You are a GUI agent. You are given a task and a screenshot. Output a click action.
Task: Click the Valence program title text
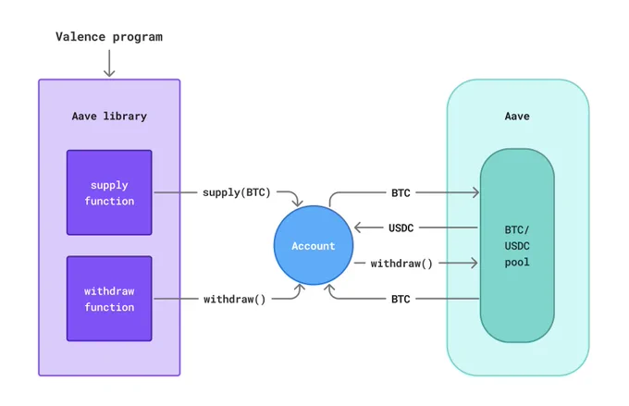pyautogui.click(x=109, y=37)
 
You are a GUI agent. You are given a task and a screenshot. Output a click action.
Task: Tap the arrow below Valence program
pyautogui.click(x=109, y=63)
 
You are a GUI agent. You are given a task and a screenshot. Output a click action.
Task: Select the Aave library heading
pyautogui.click(x=109, y=117)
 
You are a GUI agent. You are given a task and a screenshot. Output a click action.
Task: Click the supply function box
pyautogui.click(x=109, y=192)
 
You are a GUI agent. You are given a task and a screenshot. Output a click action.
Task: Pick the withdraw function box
pyautogui.click(x=109, y=299)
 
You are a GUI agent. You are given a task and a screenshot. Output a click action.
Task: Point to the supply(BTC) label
pyautogui.click(x=237, y=192)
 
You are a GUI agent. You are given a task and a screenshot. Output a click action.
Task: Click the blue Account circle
pyautogui.click(x=314, y=245)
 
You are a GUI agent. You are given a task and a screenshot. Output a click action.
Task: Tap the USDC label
pyautogui.click(x=401, y=228)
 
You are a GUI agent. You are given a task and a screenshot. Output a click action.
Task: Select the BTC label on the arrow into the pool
pyautogui.click(x=401, y=193)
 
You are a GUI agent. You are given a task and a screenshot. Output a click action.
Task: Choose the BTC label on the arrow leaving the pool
pyautogui.click(x=401, y=299)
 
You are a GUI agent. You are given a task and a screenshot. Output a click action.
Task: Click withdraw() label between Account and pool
pyautogui.click(x=401, y=264)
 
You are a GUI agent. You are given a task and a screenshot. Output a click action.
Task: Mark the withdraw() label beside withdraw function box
pyautogui.click(x=235, y=300)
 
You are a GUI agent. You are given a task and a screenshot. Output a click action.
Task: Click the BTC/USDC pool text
pyautogui.click(x=517, y=246)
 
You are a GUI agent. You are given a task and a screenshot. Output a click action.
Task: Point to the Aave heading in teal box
pyautogui.click(x=517, y=117)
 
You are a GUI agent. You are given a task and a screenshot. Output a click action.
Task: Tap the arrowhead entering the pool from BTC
pyautogui.click(x=475, y=192)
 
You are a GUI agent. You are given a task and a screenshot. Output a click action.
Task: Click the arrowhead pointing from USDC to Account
pyautogui.click(x=358, y=228)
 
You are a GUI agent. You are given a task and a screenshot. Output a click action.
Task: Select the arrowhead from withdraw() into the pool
pyautogui.click(x=475, y=264)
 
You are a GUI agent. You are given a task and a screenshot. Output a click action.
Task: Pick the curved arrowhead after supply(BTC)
pyautogui.click(x=298, y=203)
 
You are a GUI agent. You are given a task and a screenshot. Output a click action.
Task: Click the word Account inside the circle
pyautogui.click(x=314, y=246)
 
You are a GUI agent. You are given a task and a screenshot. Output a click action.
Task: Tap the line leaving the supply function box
pyautogui.click(x=176, y=192)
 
